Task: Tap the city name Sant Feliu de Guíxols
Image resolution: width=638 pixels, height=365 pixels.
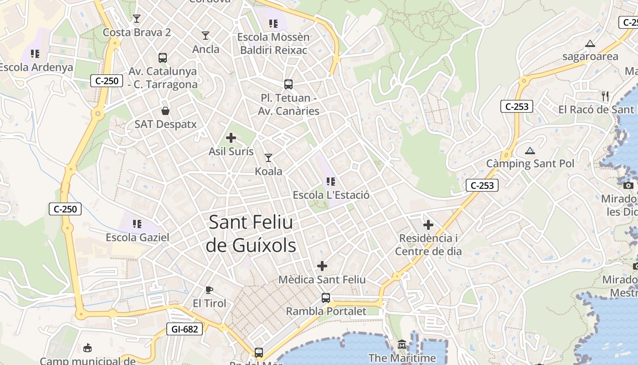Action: (251, 234)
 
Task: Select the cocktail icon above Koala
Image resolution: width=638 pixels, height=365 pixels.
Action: (268, 158)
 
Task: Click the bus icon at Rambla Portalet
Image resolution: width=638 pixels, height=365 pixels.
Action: (326, 298)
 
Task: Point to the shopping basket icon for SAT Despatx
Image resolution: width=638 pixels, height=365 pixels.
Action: (165, 111)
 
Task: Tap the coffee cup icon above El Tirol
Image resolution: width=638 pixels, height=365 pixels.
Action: (209, 290)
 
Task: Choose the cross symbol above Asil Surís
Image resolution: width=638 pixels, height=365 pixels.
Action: (231, 137)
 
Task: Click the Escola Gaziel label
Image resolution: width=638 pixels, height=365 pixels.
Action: (137, 237)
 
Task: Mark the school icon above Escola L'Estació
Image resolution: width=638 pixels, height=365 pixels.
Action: (331, 182)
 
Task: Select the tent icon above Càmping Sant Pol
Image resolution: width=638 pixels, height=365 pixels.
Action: (530, 151)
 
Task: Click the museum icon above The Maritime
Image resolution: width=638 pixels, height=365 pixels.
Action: (402, 344)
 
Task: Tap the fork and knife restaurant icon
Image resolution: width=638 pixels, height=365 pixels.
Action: (605, 96)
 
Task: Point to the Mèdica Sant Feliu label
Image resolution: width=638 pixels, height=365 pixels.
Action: (322, 279)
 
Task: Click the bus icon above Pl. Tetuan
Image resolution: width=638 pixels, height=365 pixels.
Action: (288, 84)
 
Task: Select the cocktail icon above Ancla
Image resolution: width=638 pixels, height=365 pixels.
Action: (206, 36)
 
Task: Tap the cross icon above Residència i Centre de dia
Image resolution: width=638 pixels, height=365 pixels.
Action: (428, 225)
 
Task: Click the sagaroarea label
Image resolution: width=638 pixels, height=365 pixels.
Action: (590, 57)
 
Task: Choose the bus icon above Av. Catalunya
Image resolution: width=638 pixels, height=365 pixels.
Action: (163, 58)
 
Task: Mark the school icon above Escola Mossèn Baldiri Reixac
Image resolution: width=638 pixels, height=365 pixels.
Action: (273, 24)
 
